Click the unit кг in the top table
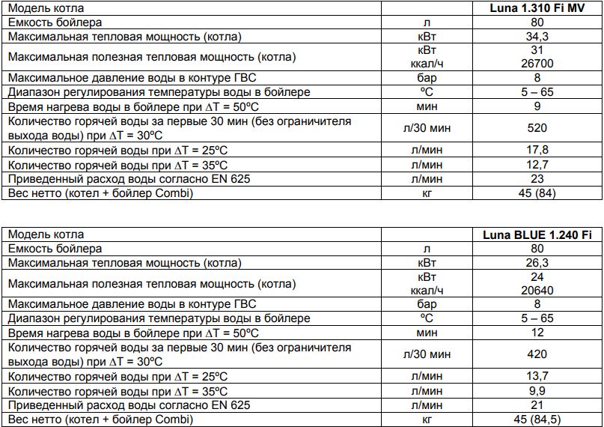(x=427, y=193)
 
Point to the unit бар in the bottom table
(x=427, y=305)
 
